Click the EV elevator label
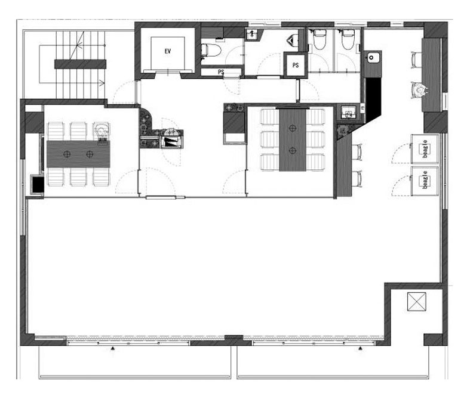[168, 51]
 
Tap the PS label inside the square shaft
[296, 65]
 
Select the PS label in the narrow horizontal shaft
[221, 72]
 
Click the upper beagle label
[425, 148]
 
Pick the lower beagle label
[425, 180]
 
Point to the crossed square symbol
[417, 302]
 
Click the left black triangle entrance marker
[113, 348]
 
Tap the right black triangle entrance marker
[360, 348]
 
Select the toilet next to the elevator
[211, 50]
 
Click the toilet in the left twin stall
[320, 39]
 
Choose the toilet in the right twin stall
[348, 39]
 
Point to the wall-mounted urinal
[293, 39]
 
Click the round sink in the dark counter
[371, 57]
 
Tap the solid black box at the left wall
[38, 185]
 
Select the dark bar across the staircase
[81, 64]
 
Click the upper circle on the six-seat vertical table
[293, 128]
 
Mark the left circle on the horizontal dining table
[67, 154]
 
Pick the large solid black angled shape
[373, 100]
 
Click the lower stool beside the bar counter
[358, 179]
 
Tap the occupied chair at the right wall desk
[419, 90]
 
